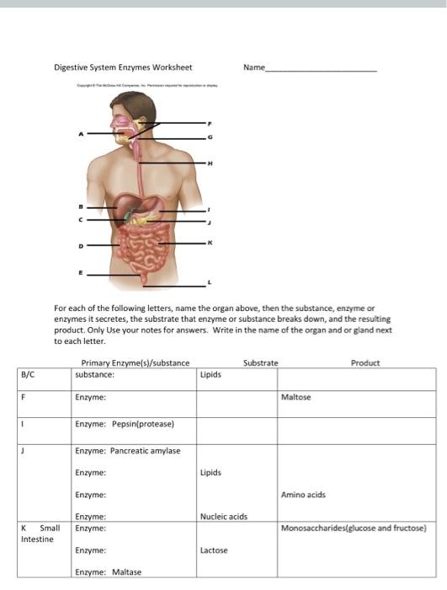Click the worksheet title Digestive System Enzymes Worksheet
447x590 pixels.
[123, 67]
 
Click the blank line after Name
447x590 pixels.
[322, 70]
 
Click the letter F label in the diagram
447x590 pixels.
[210, 123]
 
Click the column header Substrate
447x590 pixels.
[260, 363]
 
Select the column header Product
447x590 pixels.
[365, 363]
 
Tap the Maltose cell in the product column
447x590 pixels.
[295, 397]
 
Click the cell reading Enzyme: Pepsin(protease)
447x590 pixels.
[124, 423]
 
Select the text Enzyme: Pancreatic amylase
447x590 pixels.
[127, 451]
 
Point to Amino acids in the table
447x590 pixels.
[303, 495]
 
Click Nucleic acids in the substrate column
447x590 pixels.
[223, 517]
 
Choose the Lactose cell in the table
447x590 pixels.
[214, 550]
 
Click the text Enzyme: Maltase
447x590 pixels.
[108, 572]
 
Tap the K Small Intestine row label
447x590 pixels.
[40, 534]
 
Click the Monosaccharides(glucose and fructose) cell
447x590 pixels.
[354, 528]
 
